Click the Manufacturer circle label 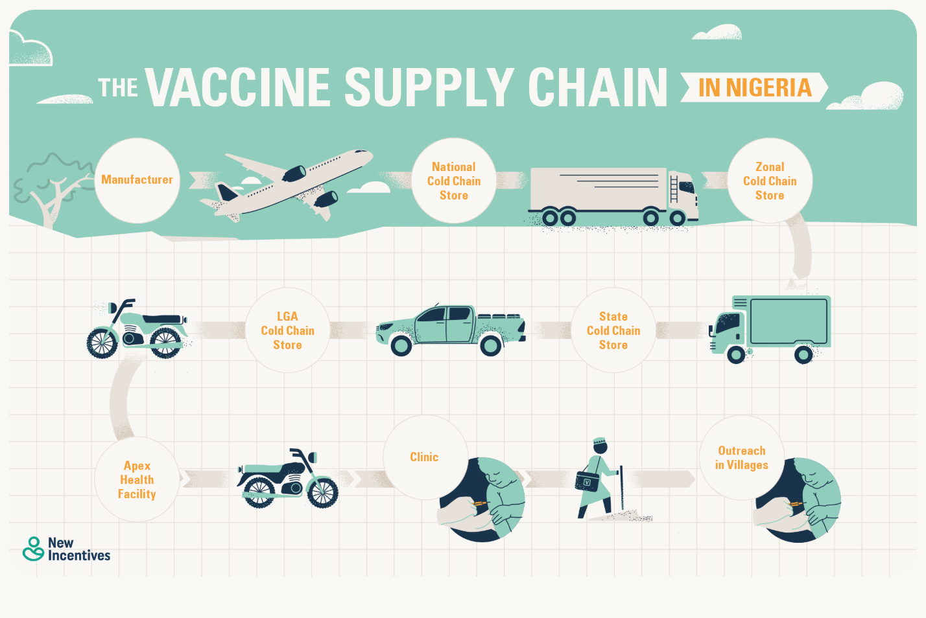[137, 180]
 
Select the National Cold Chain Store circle [454, 181]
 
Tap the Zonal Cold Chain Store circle [770, 181]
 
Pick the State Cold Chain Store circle [613, 330]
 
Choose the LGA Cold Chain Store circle [287, 330]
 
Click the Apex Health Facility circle [137, 479]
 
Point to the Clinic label [424, 457]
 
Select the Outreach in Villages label [741, 457]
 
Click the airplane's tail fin [226, 192]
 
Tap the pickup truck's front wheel [401, 346]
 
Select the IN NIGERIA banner [754, 88]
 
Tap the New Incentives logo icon [33, 549]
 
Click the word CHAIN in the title [597, 88]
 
